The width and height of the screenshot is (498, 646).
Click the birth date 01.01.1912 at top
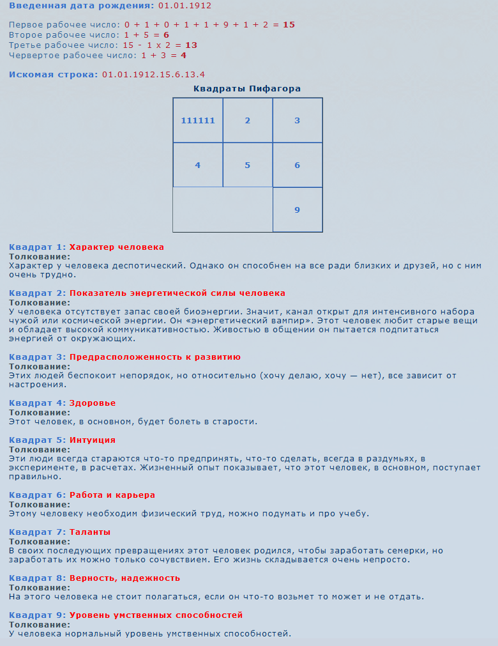pos(185,6)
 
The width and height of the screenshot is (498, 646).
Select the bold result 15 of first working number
pos(289,25)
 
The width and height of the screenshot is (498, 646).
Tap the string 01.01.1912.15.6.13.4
pos(153,75)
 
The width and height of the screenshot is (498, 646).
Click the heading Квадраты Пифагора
pos(247,89)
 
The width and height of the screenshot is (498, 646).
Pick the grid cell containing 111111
pos(198,121)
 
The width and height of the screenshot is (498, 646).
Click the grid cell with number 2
pos(248,121)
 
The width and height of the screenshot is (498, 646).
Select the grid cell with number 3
pos(298,121)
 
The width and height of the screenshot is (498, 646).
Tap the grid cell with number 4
pos(198,165)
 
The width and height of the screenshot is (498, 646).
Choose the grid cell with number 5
pos(248,165)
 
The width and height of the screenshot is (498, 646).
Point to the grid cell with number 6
pos(298,165)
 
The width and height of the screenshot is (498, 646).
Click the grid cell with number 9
pos(298,210)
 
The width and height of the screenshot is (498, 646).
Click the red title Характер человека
pos(117,247)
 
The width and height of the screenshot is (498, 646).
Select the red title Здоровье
pos(93,403)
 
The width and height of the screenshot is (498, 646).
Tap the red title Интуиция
pos(93,440)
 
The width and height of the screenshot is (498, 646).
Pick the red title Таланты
pos(90,532)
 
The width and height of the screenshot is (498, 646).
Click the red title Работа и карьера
pos(112,495)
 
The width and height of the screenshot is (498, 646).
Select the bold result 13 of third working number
pos(191,45)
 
